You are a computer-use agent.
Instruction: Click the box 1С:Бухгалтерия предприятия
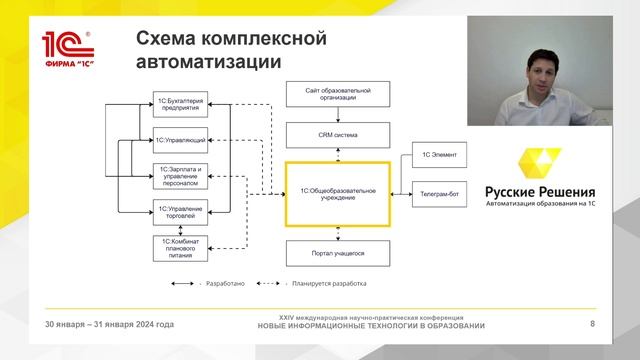tap(181, 106)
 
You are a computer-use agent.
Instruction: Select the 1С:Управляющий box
tap(181, 140)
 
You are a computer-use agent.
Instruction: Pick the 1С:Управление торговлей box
tap(181, 212)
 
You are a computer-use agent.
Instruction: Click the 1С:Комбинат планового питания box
tap(181, 247)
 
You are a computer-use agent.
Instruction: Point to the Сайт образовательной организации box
tap(337, 96)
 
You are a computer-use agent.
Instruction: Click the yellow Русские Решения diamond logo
tap(540, 166)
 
